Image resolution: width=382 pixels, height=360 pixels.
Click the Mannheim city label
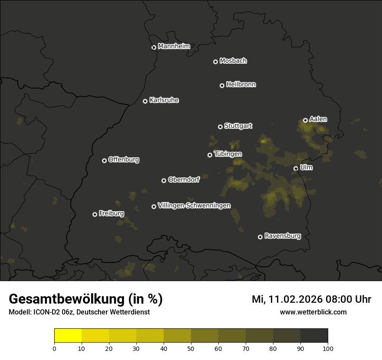point(174,46)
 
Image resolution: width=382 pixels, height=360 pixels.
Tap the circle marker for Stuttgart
point(220,127)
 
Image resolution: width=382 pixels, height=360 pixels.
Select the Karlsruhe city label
point(164,100)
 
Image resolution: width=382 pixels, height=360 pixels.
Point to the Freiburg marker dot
point(95,214)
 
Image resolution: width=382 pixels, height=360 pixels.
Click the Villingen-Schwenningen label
point(194,206)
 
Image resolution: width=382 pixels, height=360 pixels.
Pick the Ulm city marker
point(296,168)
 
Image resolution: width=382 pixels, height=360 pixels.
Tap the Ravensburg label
point(282,236)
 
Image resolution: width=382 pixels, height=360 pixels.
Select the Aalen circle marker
point(305,120)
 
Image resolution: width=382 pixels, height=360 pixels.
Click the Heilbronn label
point(241,85)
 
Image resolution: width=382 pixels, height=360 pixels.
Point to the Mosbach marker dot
point(215,62)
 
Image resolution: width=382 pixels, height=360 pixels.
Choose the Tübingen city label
point(228,154)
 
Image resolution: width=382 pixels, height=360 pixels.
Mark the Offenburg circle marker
point(104,160)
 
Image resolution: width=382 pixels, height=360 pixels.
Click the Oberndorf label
point(184,180)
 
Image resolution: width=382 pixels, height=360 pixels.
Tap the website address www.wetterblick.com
point(313,312)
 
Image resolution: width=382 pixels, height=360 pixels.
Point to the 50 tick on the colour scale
point(191,348)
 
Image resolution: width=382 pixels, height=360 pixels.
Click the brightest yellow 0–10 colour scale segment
point(68,336)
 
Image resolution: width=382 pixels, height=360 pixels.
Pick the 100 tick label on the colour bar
point(328,348)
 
